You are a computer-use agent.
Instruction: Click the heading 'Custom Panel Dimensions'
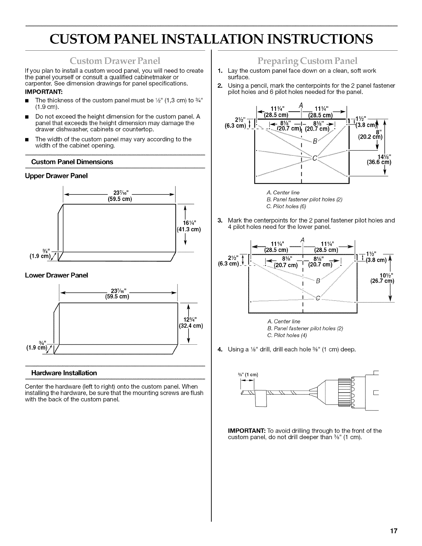(72, 162)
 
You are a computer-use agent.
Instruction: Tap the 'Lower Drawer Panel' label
(56, 275)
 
